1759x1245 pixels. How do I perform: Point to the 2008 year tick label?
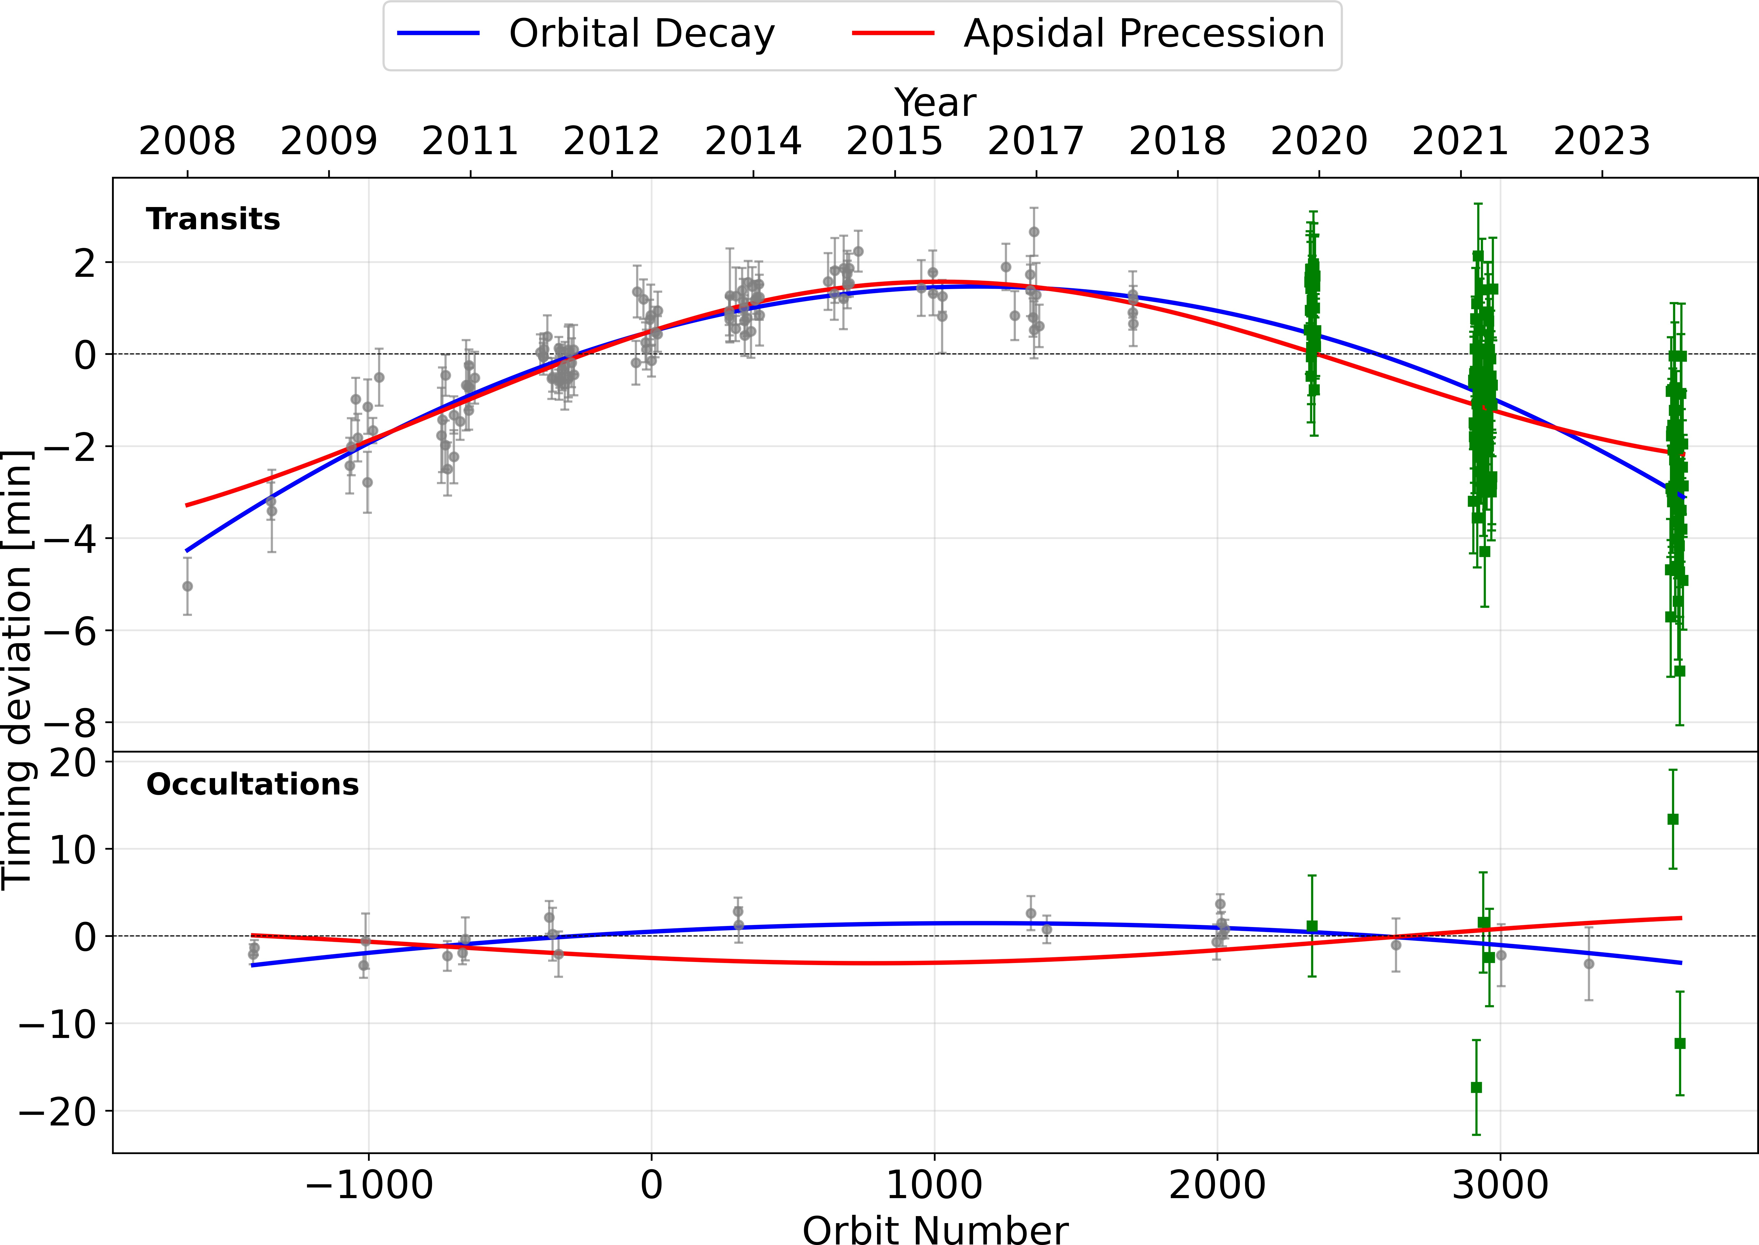coord(187,142)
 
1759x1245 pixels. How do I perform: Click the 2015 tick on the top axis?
coord(894,142)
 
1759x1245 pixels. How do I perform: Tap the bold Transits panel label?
coord(213,219)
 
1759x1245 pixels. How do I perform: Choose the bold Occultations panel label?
coord(252,784)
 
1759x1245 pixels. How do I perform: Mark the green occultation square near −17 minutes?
coord(1476,1087)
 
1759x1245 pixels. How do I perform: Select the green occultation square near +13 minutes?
coord(1673,819)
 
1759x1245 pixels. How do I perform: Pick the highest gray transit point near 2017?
coord(1034,232)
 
